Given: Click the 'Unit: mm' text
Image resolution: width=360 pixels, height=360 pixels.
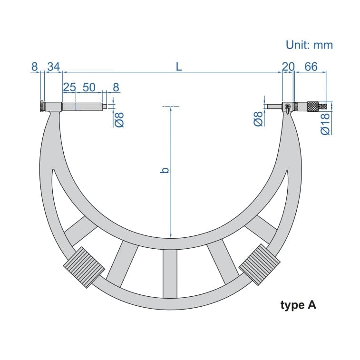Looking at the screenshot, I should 309,45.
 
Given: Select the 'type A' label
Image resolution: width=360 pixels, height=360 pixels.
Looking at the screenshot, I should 298,305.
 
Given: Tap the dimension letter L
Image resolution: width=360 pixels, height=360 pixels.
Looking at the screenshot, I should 178,67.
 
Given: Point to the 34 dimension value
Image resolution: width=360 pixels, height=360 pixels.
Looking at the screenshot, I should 53,67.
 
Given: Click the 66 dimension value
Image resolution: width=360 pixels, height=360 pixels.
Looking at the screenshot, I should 311,67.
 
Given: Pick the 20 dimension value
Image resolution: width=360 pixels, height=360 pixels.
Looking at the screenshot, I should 288,67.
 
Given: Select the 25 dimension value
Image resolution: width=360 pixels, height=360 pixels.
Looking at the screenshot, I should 69,88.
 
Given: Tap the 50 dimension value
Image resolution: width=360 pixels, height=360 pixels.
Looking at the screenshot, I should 89,88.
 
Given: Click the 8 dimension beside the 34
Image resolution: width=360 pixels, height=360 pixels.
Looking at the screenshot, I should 34,67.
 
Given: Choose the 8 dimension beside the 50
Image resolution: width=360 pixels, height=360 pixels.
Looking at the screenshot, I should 116,88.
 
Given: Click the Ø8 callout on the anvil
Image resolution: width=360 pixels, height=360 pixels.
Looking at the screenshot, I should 119,119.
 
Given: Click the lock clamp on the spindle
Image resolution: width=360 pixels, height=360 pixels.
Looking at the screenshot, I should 288,107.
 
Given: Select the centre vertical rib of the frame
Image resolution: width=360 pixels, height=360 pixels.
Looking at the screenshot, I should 170,273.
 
